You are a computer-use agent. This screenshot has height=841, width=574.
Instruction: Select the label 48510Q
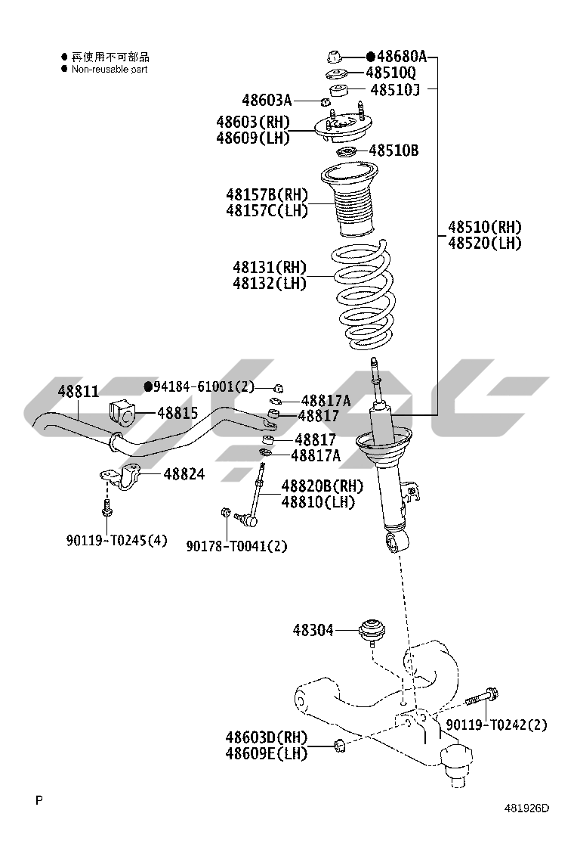[390, 73]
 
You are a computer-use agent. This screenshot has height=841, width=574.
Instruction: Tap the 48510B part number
[393, 151]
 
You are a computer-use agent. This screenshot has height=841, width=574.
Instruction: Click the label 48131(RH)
[269, 267]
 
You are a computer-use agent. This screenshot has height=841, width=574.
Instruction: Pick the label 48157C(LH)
[267, 211]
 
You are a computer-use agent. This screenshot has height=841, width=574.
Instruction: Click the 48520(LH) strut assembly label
[484, 243]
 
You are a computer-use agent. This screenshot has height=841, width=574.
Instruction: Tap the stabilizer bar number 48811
[79, 391]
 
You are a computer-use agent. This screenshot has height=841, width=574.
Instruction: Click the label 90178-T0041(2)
[236, 546]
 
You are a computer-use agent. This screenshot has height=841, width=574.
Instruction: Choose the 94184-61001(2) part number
[204, 387]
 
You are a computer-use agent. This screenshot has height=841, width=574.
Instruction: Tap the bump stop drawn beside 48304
[372, 631]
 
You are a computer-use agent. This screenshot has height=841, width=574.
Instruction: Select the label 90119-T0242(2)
[496, 725]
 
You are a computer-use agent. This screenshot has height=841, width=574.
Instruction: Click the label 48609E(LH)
[266, 753]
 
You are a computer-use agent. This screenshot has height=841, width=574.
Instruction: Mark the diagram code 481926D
[527, 808]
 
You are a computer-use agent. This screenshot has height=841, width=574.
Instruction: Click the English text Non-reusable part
[110, 69]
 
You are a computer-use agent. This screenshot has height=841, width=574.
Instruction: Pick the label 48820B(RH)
[322, 486]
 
